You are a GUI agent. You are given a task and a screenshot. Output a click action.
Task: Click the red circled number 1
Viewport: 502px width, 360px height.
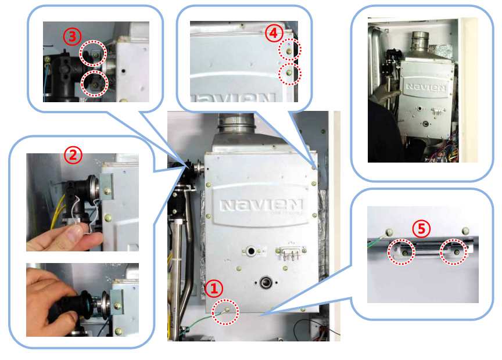(x=214, y=289)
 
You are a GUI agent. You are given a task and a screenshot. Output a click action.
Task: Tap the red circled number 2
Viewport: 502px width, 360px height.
(x=73, y=155)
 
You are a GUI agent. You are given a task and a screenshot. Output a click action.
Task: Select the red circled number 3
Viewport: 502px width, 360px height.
(x=72, y=37)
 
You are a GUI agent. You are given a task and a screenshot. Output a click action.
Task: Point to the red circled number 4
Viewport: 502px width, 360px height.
(x=274, y=33)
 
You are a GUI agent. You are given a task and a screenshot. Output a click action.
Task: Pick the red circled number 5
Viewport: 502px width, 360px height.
(x=421, y=229)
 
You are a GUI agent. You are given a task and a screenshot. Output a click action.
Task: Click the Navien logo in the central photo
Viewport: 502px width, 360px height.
(x=261, y=205)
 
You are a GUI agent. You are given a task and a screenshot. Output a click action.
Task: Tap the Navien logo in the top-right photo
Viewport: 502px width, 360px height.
(x=426, y=87)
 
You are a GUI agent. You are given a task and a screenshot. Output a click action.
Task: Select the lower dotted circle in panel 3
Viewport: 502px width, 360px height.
(x=95, y=84)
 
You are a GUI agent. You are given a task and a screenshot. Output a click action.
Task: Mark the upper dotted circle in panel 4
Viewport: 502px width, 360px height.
(x=289, y=51)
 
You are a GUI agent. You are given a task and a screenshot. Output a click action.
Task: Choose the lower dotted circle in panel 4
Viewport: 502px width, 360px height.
(x=290, y=74)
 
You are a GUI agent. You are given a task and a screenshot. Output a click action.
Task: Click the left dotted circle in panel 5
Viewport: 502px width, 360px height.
(x=401, y=252)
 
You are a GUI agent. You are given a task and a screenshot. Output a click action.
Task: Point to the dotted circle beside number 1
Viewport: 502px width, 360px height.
(x=225, y=312)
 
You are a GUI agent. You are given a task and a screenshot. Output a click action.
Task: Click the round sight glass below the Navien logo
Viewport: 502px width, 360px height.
(x=250, y=251)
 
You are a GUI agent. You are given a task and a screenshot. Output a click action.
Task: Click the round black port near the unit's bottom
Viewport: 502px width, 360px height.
(x=266, y=283)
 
